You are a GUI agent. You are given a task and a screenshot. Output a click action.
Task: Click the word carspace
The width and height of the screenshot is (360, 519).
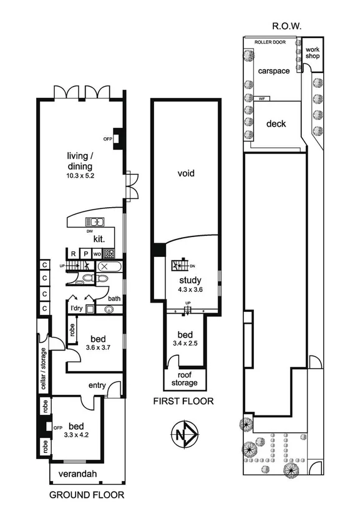[x=273, y=71]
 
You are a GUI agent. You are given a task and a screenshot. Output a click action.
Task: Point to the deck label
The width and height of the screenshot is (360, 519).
[x=276, y=124]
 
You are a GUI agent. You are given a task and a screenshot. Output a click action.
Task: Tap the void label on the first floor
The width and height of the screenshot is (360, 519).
[x=186, y=173]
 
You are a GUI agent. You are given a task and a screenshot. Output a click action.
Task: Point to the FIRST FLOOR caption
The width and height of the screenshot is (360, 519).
[x=183, y=402]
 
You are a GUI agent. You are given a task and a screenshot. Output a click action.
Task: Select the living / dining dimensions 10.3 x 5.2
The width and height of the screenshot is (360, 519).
[x=81, y=177]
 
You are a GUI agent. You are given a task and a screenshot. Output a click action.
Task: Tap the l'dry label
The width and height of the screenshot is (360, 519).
[x=76, y=308]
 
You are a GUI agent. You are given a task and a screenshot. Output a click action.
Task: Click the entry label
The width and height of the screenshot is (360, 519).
[x=97, y=385]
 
